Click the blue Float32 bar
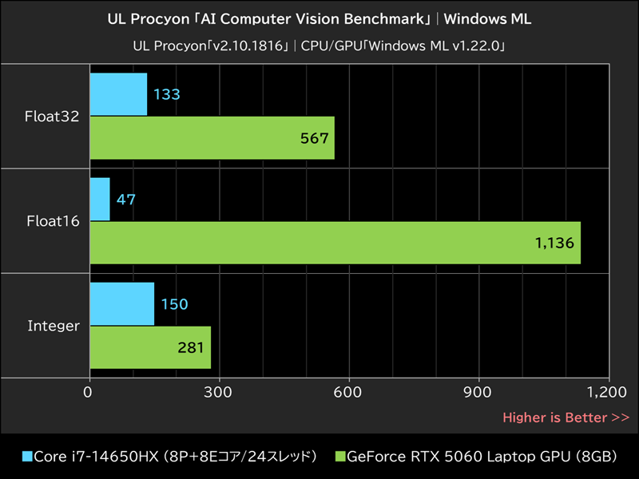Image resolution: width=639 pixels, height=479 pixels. point(118,94)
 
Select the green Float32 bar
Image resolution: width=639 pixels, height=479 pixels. point(212,137)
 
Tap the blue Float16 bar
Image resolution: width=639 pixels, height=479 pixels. point(100,199)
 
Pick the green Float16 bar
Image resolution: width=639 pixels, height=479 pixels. point(335,242)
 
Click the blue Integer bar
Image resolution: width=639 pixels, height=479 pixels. point(121,303)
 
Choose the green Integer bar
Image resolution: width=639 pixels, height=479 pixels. point(150,346)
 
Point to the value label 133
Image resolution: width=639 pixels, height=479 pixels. point(167,94)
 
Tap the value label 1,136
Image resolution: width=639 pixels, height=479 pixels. point(554,243)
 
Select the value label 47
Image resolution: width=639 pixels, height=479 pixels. point(126,199)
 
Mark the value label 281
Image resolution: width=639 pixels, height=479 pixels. point(191,347)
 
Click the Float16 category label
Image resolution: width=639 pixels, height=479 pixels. point(53,221)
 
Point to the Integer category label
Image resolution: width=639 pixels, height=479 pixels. point(54,326)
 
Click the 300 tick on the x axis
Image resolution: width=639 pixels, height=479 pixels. point(219,392)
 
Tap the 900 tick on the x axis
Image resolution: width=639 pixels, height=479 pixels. point(478,392)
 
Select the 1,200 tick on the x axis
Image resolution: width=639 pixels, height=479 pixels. point(607,392)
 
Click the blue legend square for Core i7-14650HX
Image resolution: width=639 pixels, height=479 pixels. point(28,457)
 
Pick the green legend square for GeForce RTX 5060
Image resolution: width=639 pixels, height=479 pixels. point(339,457)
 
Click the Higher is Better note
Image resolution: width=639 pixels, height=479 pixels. point(565,417)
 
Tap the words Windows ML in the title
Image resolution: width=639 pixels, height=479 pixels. point(487,18)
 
